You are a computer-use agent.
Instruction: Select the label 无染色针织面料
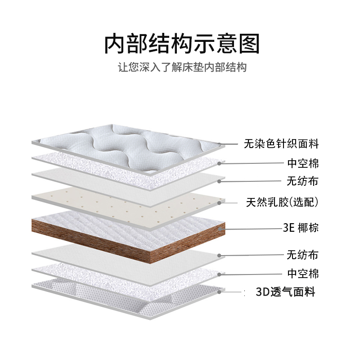(281, 144)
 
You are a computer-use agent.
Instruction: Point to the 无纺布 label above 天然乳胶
(303, 182)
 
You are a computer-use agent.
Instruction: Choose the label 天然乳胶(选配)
(283, 202)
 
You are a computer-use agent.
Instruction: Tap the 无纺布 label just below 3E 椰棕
(303, 255)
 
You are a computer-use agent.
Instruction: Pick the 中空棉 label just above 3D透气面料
(303, 274)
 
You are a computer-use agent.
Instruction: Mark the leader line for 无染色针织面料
(229, 144)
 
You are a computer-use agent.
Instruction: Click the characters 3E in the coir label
(288, 228)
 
